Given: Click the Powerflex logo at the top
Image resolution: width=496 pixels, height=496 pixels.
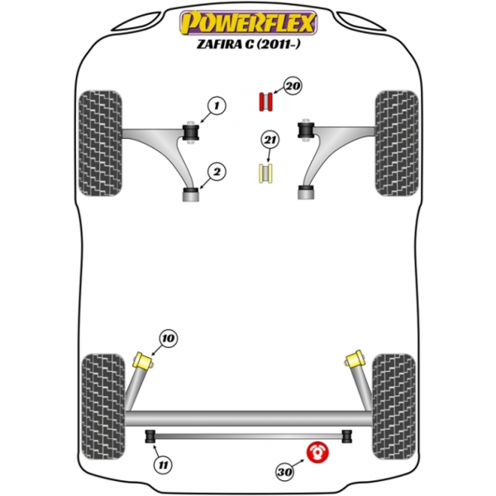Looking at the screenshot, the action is pos(248,22).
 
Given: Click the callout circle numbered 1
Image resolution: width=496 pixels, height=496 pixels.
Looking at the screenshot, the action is pos(217,106).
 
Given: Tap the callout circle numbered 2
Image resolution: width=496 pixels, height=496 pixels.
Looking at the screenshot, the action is pos(217,172).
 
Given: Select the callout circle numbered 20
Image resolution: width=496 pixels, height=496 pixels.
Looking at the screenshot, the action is pos(293,86).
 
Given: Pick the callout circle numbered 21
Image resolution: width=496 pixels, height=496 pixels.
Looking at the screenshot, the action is pos(269,140).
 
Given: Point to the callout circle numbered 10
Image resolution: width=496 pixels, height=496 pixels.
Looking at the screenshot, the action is pos(169,338).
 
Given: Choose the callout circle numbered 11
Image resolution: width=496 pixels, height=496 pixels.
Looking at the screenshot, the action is pos(163,465).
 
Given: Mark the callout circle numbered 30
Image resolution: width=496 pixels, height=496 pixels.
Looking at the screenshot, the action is pos(284,472).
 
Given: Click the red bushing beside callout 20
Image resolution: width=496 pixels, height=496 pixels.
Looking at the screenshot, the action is pos(266,102).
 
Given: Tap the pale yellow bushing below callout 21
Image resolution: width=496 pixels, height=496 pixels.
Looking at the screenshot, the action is pos(266,174).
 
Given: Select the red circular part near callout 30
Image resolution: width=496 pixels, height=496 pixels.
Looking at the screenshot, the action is pos(317,452).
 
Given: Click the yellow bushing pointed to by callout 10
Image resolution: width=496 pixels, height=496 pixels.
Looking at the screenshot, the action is pos(143,360).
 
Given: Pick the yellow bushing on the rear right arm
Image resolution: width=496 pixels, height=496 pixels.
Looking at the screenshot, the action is pos(355,359).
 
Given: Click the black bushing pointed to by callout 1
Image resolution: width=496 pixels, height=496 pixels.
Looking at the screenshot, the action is pos(191,132).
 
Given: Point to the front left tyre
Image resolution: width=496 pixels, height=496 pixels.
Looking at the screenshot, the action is pos(100,143).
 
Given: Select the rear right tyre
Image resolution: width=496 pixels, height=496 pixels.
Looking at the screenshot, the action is pos(394,407).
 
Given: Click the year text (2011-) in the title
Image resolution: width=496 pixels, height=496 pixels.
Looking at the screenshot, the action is pos(278,44).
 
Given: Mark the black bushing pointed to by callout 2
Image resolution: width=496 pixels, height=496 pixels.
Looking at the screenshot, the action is pos(191,192).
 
